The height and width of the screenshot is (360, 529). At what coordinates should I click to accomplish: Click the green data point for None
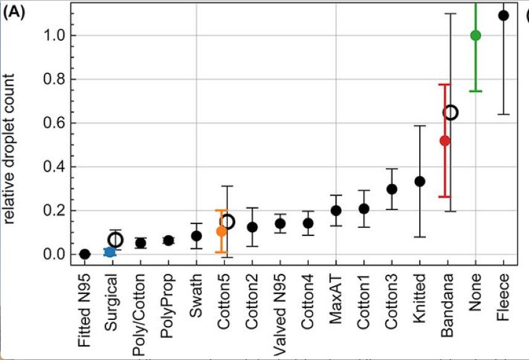pos(475,35)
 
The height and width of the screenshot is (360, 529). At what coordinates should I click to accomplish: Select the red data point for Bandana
pos(444,141)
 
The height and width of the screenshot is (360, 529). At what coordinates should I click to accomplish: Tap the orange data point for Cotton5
pos(221,231)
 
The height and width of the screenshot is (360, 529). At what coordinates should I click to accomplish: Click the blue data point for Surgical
pos(109,252)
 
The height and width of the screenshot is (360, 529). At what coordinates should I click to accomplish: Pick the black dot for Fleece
pos(503,15)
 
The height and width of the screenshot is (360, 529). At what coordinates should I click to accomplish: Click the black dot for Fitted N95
pos(85,254)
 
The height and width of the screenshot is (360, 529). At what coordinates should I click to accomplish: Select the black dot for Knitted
pos(420,181)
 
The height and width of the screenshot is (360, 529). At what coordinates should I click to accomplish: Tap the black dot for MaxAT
pos(336,211)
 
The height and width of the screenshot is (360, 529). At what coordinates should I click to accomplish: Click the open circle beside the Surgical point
pos(115,240)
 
